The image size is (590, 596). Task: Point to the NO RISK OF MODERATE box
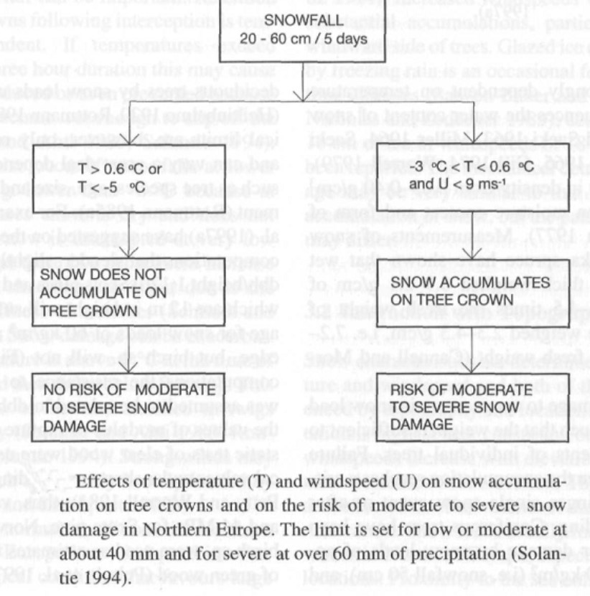click(128, 409)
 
